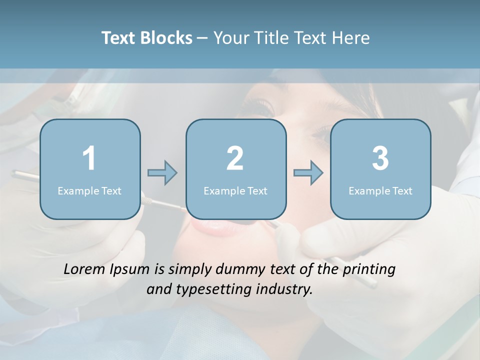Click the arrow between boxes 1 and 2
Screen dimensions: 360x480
pos(162,172)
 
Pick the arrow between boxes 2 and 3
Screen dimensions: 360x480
pos(308,172)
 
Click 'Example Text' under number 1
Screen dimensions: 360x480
pos(89,190)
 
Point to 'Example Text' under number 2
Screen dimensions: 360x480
pos(235,190)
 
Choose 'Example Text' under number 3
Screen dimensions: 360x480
pos(380,190)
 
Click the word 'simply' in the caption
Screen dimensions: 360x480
pos(191,270)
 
